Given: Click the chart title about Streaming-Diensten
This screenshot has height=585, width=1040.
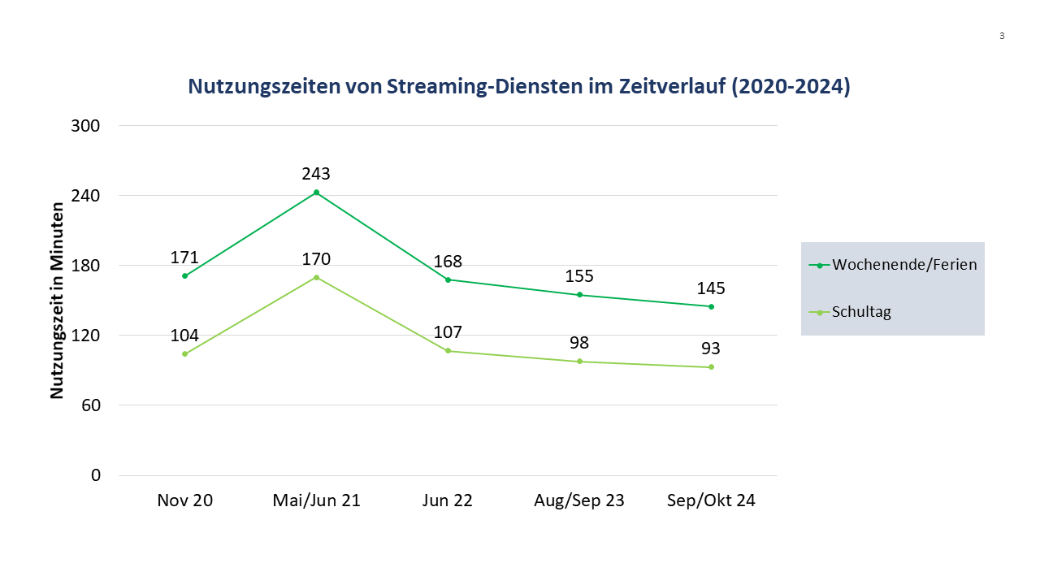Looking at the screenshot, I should tap(519, 86).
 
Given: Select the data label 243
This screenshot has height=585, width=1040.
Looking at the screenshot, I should tap(316, 174).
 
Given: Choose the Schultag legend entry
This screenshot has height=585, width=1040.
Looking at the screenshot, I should tap(861, 312).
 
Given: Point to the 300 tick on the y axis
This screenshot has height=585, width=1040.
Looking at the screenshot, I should tap(85, 126).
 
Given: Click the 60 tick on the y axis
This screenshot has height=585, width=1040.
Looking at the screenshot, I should tap(90, 405).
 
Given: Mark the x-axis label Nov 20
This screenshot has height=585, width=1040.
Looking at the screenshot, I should tap(185, 500).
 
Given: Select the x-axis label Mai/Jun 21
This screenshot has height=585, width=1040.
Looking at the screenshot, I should tap(316, 500).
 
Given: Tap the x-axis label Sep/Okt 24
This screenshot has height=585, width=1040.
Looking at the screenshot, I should tap(711, 500).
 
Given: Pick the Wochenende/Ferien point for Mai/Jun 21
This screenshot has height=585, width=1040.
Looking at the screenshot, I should tap(316, 193).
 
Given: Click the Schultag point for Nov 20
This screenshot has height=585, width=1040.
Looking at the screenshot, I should tap(185, 354).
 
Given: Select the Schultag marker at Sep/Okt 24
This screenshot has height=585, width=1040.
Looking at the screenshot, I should tap(711, 367).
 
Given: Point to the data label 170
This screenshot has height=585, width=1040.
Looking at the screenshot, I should tap(316, 259).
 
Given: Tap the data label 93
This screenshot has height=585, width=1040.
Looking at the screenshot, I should tap(711, 349).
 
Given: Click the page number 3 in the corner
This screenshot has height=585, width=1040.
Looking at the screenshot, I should tap(1002, 36).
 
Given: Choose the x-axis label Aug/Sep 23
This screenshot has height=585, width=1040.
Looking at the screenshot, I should tap(579, 500).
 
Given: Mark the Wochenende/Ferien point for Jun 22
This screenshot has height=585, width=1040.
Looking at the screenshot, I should tap(448, 279).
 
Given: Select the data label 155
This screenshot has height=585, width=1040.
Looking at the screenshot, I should tap(579, 276).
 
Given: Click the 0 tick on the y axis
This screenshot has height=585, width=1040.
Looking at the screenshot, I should tap(96, 475).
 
